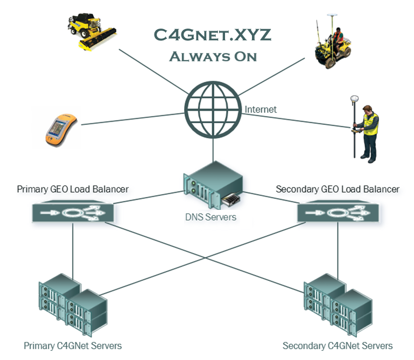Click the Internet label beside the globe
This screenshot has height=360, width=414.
click(x=261, y=109)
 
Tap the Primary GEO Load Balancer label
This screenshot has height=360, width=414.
click(x=73, y=189)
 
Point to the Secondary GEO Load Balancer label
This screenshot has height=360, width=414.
click(x=338, y=189)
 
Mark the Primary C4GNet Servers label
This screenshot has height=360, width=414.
click(x=73, y=345)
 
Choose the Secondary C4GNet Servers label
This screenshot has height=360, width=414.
click(x=338, y=345)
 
